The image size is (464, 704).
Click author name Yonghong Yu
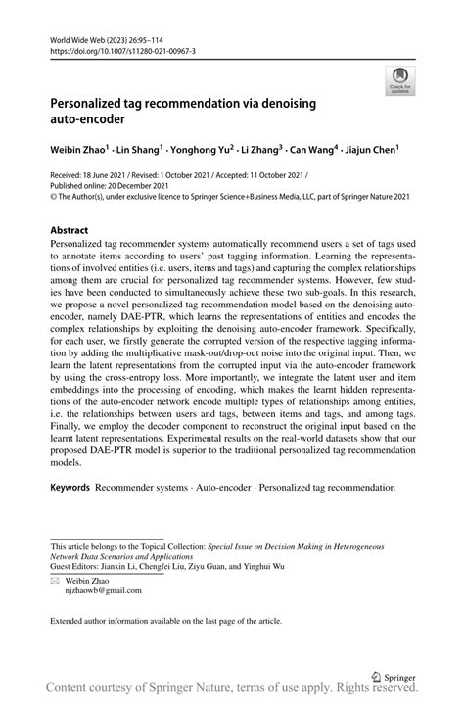pyautogui.click(x=201, y=151)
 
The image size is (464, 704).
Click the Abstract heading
pyautogui.click(x=70, y=231)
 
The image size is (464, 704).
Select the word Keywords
pyautogui.click(x=70, y=487)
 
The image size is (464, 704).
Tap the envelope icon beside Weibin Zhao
pyautogui.click(x=55, y=580)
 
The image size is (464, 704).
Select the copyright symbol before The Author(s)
pyautogui.click(x=53, y=195)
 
